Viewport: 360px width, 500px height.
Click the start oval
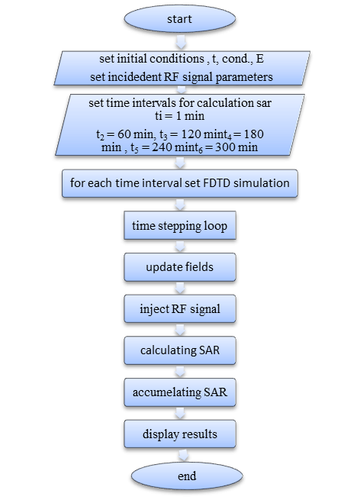[180, 18]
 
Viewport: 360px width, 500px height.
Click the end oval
[187, 476]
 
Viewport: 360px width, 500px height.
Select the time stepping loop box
[180, 225]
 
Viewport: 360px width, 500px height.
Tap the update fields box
[180, 267]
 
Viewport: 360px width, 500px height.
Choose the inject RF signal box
[180, 308]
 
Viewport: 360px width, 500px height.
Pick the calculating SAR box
[180, 350]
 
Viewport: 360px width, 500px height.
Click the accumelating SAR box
[180, 392]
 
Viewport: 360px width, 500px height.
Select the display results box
[180, 434]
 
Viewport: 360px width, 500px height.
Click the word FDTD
[217, 183]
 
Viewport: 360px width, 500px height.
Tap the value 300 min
[236, 147]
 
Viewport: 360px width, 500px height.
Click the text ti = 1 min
[180, 116]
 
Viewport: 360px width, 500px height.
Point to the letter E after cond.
[259, 59]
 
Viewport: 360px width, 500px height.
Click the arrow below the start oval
[181, 42]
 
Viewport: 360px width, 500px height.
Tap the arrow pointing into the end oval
[183, 456]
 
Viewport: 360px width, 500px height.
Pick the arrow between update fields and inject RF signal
[180, 288]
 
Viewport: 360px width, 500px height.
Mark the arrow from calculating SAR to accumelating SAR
[180, 371]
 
